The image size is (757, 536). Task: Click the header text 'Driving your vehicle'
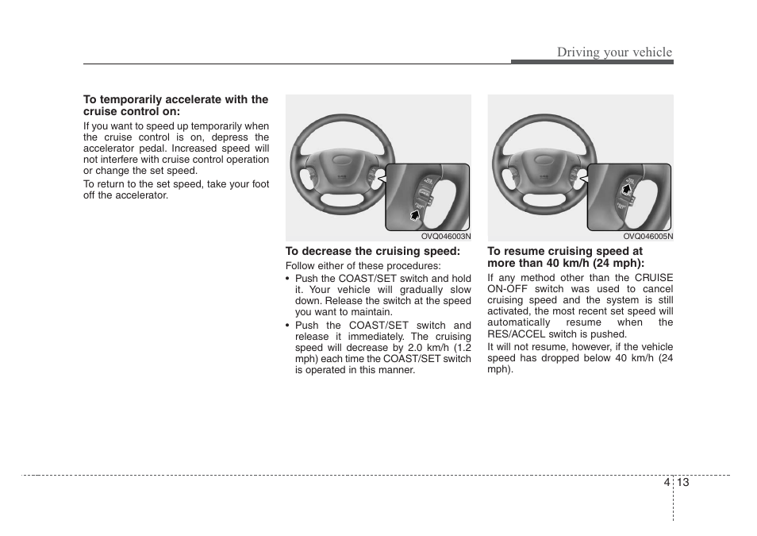613,52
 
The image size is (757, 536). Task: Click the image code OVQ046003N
445,236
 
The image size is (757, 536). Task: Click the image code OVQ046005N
647,236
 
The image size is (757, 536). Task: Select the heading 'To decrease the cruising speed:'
373,251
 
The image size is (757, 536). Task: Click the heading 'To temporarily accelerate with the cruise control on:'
175,106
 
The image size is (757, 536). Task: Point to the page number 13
683,483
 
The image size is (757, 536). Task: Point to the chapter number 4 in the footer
666,483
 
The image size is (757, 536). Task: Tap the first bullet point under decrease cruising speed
378,295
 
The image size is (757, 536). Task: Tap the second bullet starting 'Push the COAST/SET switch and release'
378,348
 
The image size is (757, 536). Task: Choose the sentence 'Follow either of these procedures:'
363,266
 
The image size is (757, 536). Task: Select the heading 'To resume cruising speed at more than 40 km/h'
565,256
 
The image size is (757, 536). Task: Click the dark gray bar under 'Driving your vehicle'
591,62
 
